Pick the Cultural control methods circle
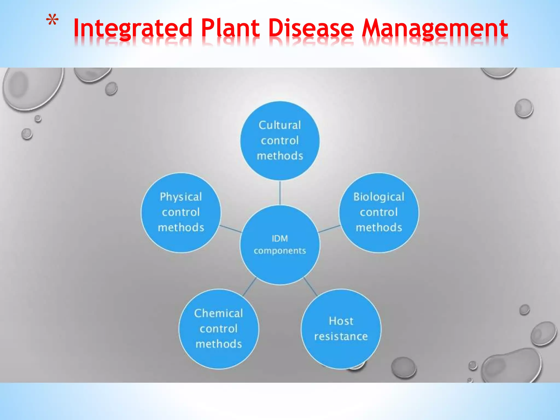[x=280, y=141]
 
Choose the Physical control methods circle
[x=181, y=212]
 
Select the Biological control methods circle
[x=379, y=212]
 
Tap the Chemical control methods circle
[x=218, y=329]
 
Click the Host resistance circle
[x=341, y=329]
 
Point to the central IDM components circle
[x=280, y=245]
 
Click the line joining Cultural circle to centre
[x=280, y=192]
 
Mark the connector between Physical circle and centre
[x=231, y=229]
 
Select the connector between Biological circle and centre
[x=329, y=229]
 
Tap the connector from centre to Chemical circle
[x=249, y=287]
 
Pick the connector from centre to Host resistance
[x=310, y=287]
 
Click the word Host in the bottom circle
[x=341, y=321]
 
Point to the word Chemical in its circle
[x=218, y=313]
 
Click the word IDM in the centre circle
[x=280, y=238]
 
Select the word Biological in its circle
[x=379, y=197]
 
